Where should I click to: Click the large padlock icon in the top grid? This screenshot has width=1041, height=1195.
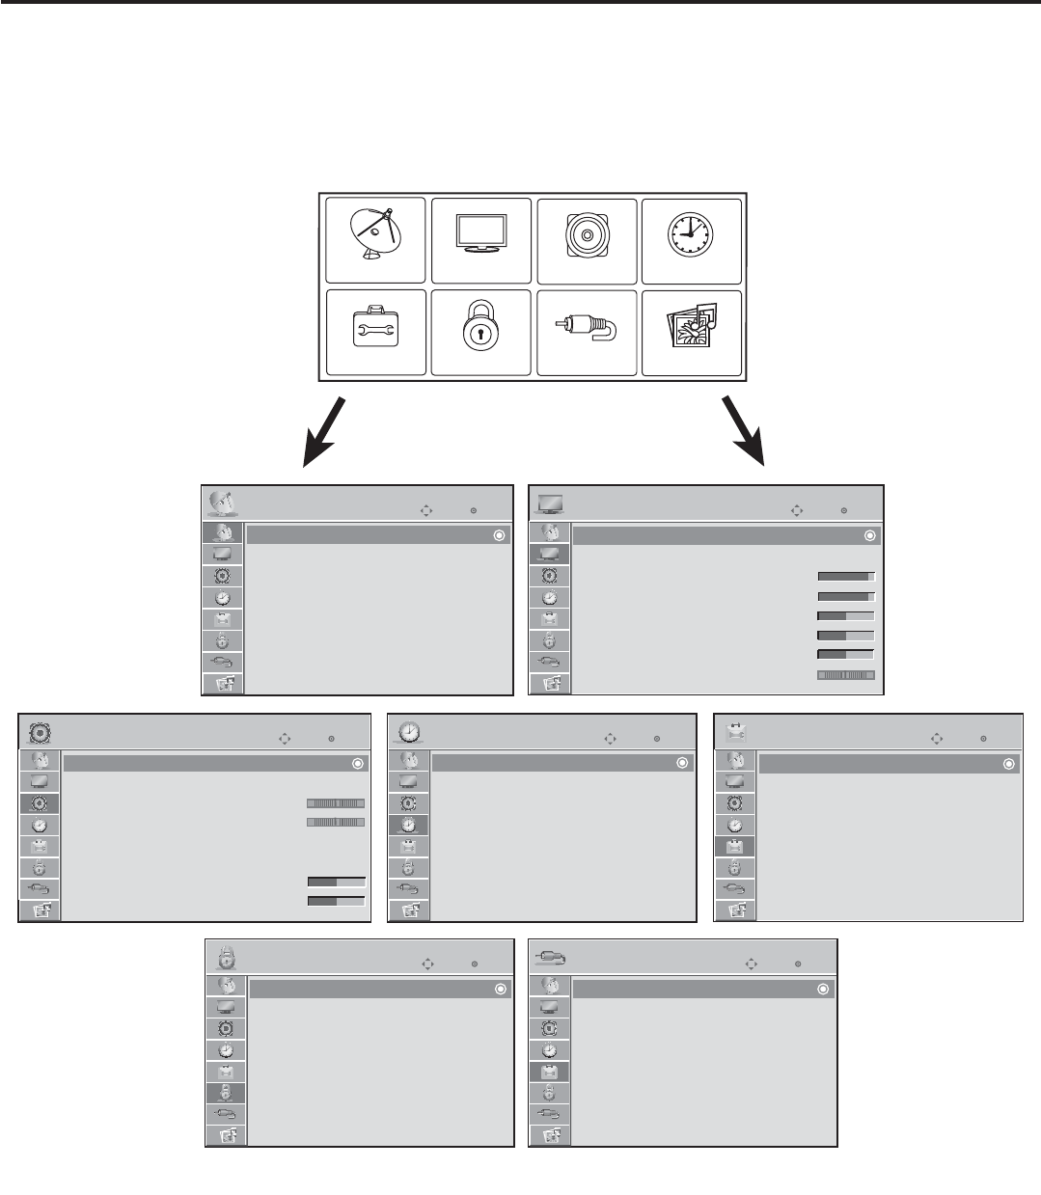coord(480,332)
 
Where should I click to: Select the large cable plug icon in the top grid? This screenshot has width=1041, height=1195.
coord(586,333)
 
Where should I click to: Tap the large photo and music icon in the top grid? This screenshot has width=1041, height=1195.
coord(691,332)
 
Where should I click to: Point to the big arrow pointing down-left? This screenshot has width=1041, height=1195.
coord(324,429)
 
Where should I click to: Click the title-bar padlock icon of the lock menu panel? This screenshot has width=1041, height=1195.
coord(224,957)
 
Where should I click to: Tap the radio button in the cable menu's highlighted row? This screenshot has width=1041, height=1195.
coord(823,989)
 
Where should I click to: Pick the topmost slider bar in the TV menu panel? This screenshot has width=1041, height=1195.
coord(846,576)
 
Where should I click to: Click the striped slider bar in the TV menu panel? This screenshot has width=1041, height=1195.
coord(846,675)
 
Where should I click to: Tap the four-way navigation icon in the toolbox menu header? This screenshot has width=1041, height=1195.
coord(936,739)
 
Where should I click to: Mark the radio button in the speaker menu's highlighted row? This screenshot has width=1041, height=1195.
coord(358,763)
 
